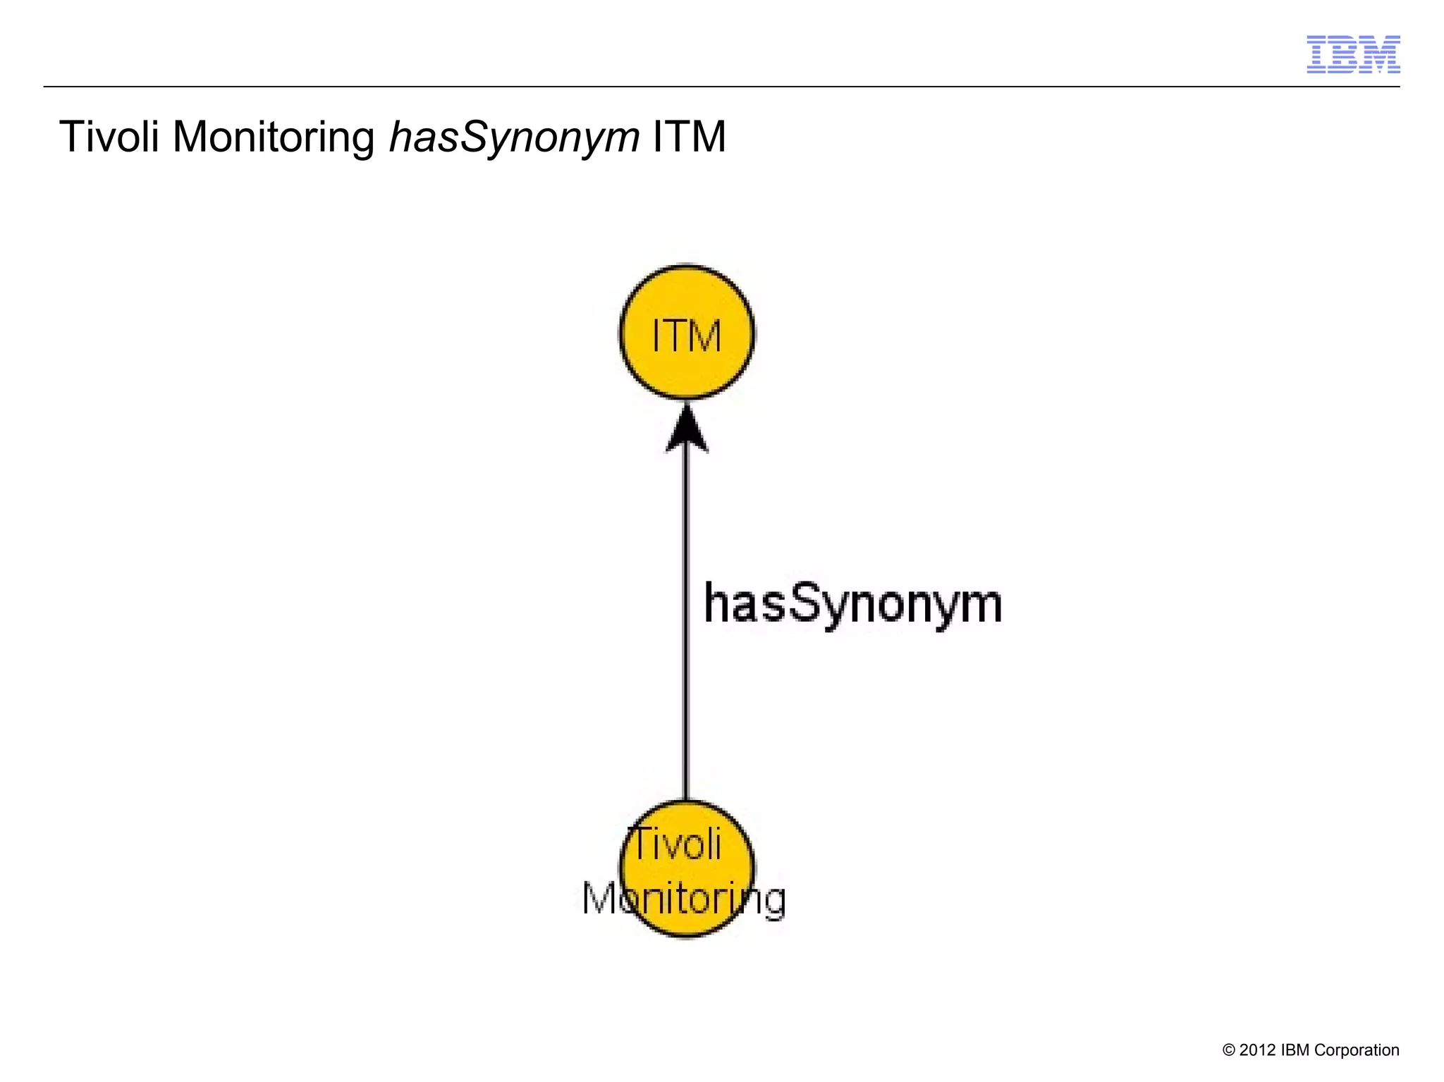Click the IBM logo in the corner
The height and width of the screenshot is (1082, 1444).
1353,54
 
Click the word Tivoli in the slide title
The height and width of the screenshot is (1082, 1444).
109,136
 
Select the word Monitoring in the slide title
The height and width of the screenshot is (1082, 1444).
274,137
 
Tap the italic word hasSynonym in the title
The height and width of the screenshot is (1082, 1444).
514,137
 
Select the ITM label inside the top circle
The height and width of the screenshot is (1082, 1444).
687,336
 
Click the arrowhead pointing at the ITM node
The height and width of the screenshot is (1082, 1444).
687,427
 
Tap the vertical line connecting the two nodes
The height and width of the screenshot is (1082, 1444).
687,634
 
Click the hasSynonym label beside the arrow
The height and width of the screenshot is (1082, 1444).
852,605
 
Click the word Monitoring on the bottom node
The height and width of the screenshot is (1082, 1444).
683,899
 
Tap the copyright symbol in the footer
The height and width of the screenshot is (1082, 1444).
1228,1050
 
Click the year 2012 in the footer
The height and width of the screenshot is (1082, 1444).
1257,1050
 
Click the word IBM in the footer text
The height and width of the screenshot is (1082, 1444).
1295,1050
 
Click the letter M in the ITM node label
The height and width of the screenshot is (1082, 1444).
705,336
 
